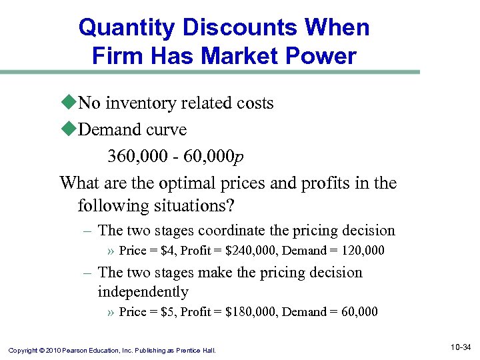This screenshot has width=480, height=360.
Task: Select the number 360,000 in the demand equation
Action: point(135,156)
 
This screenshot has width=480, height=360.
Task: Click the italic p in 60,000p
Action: point(240,157)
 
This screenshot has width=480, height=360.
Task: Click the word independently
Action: point(143,291)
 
